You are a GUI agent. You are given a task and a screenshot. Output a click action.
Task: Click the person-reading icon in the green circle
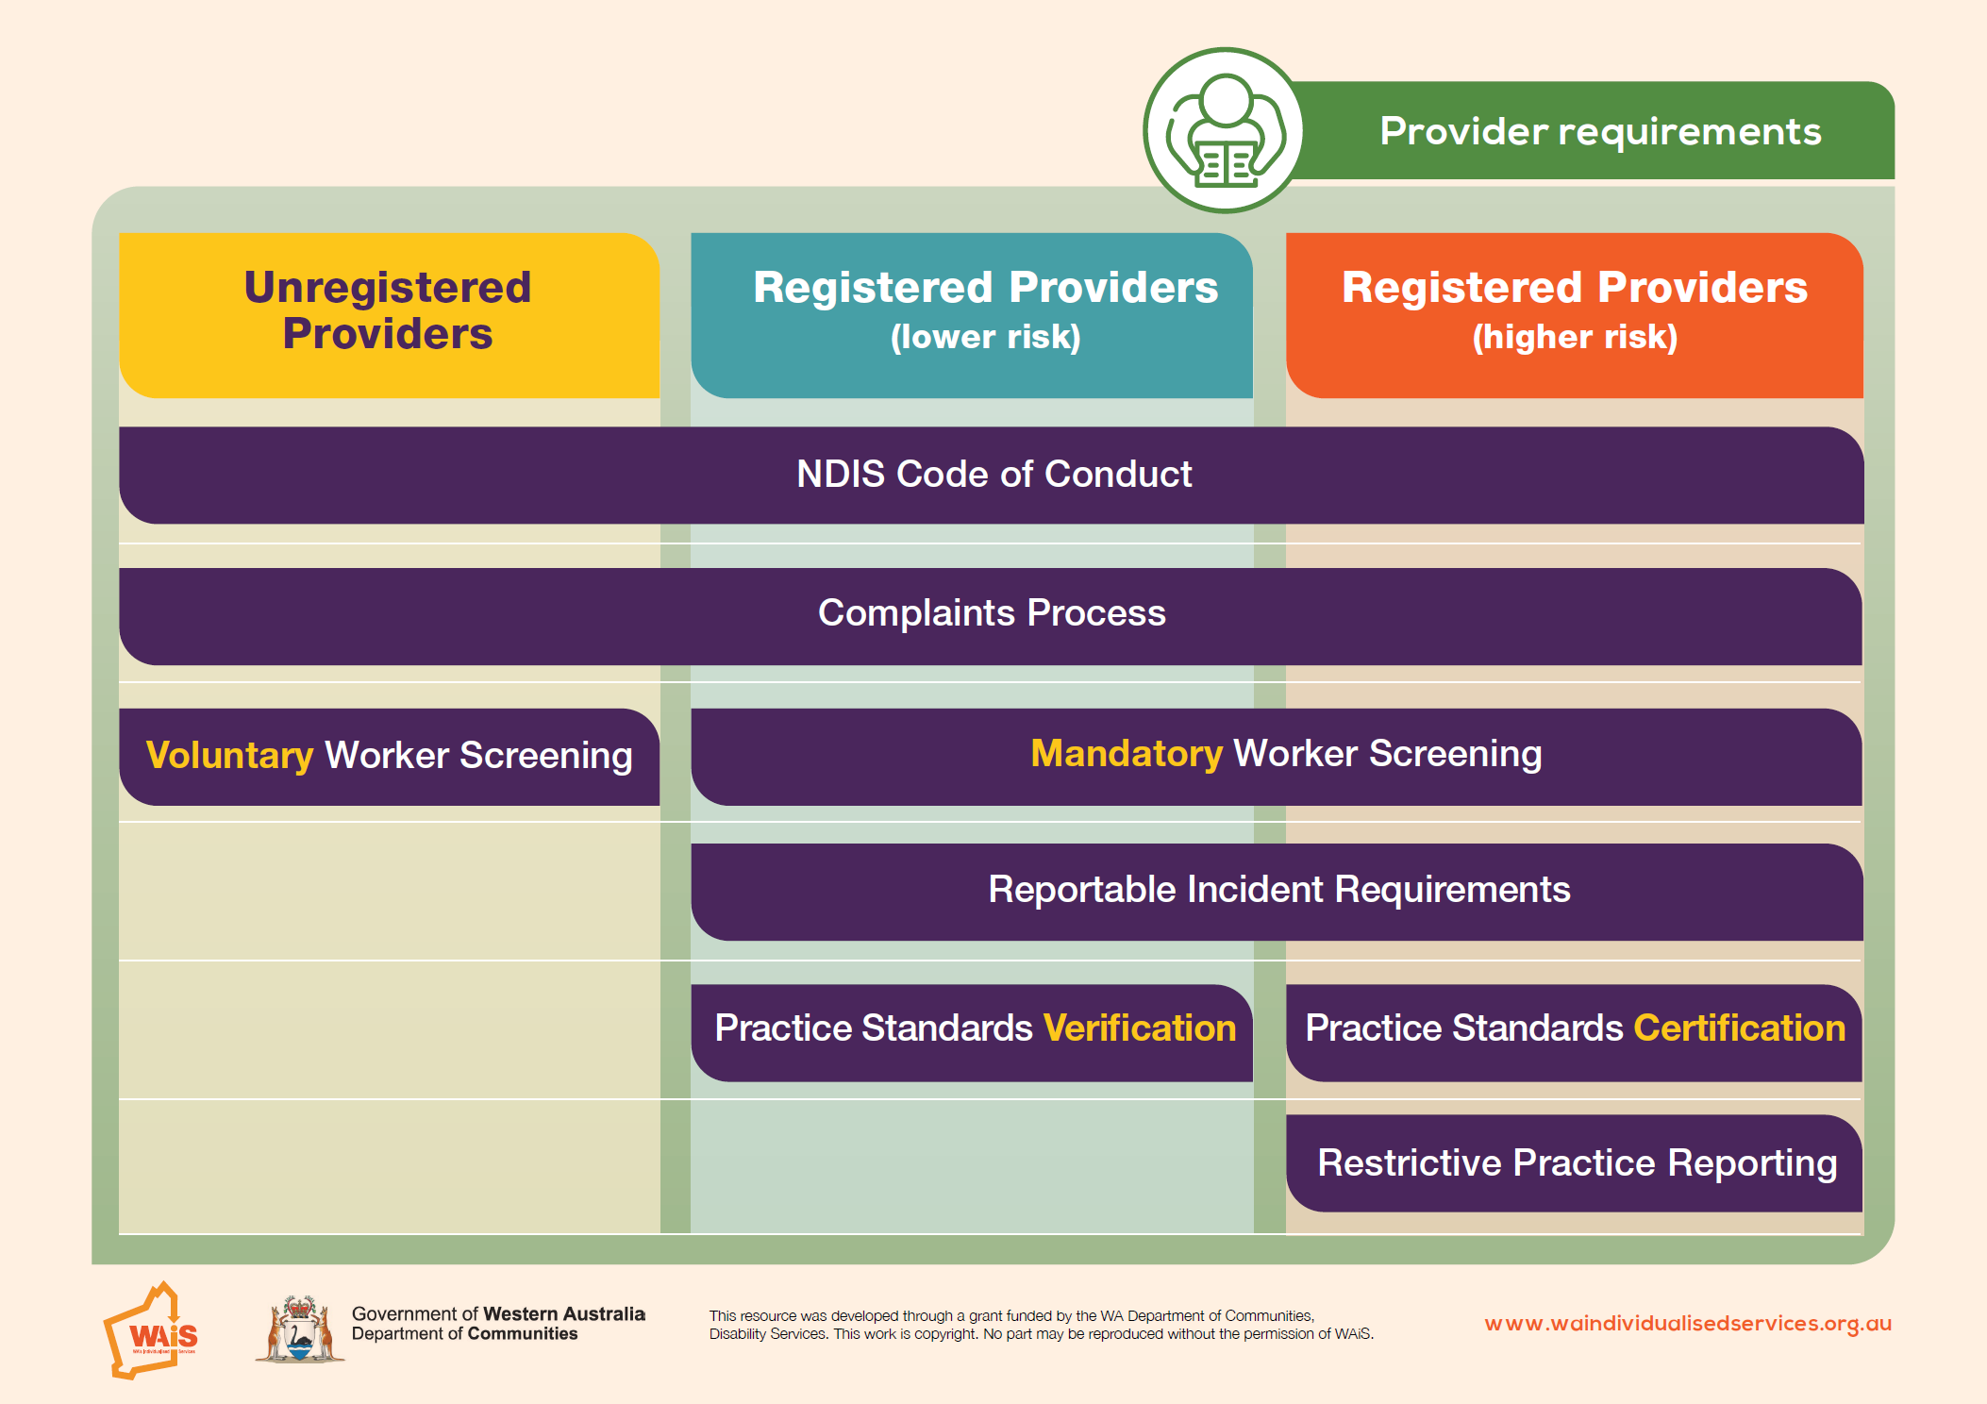pyautogui.click(x=1225, y=130)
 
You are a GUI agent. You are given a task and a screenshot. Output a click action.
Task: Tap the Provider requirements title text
pyautogui.click(x=1600, y=131)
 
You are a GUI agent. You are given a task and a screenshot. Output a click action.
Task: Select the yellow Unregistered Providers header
pyautogui.click(x=389, y=315)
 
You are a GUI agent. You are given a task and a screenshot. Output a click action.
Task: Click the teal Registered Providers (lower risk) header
pyautogui.click(x=972, y=315)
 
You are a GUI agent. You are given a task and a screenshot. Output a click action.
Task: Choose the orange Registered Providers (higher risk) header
pyautogui.click(x=1574, y=315)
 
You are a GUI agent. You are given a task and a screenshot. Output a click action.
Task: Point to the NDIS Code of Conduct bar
pyautogui.click(x=991, y=475)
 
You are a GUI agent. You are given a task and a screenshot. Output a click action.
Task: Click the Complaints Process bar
pyautogui.click(x=991, y=616)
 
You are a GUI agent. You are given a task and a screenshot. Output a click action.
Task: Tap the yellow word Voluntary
pyautogui.click(x=229, y=756)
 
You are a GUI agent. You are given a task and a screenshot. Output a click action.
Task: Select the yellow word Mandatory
pyautogui.click(x=1127, y=753)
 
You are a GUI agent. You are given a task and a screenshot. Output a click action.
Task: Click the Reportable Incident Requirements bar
pyautogui.click(x=1277, y=892)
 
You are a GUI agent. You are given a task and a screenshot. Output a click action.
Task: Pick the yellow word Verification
pyautogui.click(x=1140, y=1028)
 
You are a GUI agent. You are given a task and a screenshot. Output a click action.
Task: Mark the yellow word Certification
pyautogui.click(x=1739, y=1028)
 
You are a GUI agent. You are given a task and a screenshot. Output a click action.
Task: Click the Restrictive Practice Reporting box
pyautogui.click(x=1574, y=1163)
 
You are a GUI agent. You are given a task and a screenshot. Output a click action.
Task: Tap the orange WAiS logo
pyautogui.click(x=151, y=1330)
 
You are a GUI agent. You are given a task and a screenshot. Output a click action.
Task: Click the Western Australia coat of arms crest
pyautogui.click(x=300, y=1329)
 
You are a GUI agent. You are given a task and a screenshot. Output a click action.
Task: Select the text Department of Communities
pyautogui.click(x=464, y=1334)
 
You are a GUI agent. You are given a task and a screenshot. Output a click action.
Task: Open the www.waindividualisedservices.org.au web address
pyautogui.click(x=1688, y=1324)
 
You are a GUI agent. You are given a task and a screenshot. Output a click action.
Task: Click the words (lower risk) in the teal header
pyautogui.click(x=986, y=337)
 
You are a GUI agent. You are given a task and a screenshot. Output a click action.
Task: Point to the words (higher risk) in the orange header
pyautogui.click(x=1575, y=337)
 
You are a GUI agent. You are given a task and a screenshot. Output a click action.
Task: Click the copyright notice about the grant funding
pyautogui.click(x=1041, y=1325)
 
